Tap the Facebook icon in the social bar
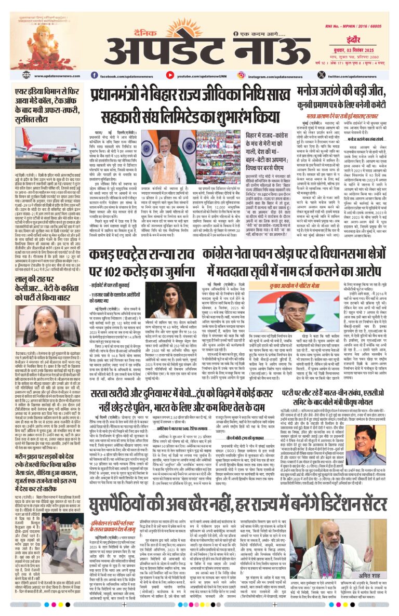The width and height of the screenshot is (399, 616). pos(97,76)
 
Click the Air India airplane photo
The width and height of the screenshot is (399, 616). pos(40,150)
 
